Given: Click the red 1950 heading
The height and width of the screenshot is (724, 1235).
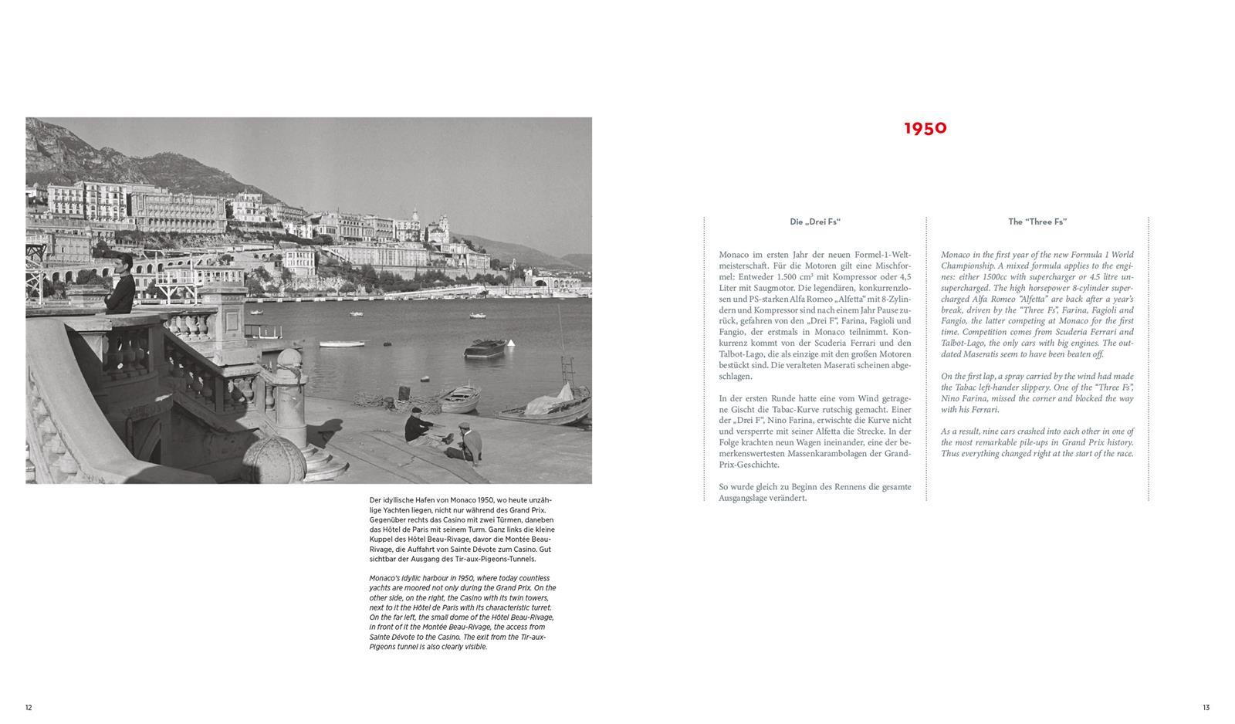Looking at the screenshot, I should pyautogui.click(x=925, y=128).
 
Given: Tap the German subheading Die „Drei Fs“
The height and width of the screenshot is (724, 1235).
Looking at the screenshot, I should pyautogui.click(x=814, y=222).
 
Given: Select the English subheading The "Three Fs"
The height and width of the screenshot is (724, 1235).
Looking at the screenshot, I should pyautogui.click(x=1037, y=222).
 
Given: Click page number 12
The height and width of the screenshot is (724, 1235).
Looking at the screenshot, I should pyautogui.click(x=29, y=707).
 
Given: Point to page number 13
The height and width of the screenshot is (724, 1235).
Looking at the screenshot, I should pyautogui.click(x=1206, y=707).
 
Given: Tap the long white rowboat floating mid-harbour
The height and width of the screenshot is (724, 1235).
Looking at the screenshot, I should pyautogui.click(x=342, y=343).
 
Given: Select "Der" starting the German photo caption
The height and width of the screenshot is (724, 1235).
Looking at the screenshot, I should pyautogui.click(x=375, y=500).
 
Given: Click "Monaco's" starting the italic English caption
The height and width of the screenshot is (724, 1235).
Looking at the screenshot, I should pyautogui.click(x=384, y=578).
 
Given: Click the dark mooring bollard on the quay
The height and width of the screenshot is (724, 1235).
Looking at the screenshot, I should pyautogui.click(x=402, y=392).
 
